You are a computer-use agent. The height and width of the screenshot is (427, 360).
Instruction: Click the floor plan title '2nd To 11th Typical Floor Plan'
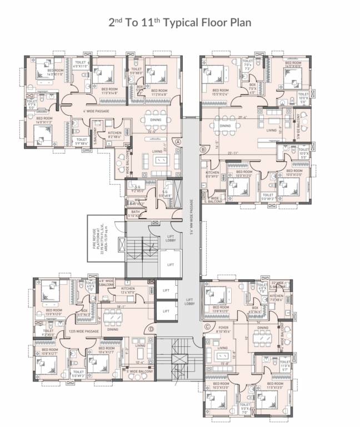pyautogui.click(x=180, y=23)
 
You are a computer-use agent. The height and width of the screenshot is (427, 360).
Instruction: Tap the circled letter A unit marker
pyautogui.click(x=178, y=142)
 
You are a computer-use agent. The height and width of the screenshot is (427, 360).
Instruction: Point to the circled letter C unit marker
pyautogui.click(x=208, y=326)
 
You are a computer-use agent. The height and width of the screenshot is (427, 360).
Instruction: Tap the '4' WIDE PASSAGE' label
pyautogui.click(x=88, y=111)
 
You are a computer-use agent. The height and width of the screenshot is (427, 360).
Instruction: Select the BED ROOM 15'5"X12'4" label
pyautogui.click(x=221, y=92)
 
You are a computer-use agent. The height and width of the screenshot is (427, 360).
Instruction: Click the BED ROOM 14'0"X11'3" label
pyautogui.click(x=46, y=120)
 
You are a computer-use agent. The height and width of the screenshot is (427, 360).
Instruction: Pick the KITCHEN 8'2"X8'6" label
pyautogui.click(x=114, y=134)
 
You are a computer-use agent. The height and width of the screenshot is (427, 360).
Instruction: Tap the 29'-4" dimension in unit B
pyautogui.click(x=241, y=117)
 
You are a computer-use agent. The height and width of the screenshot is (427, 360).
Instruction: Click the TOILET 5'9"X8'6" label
pyautogui.click(x=82, y=141)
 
